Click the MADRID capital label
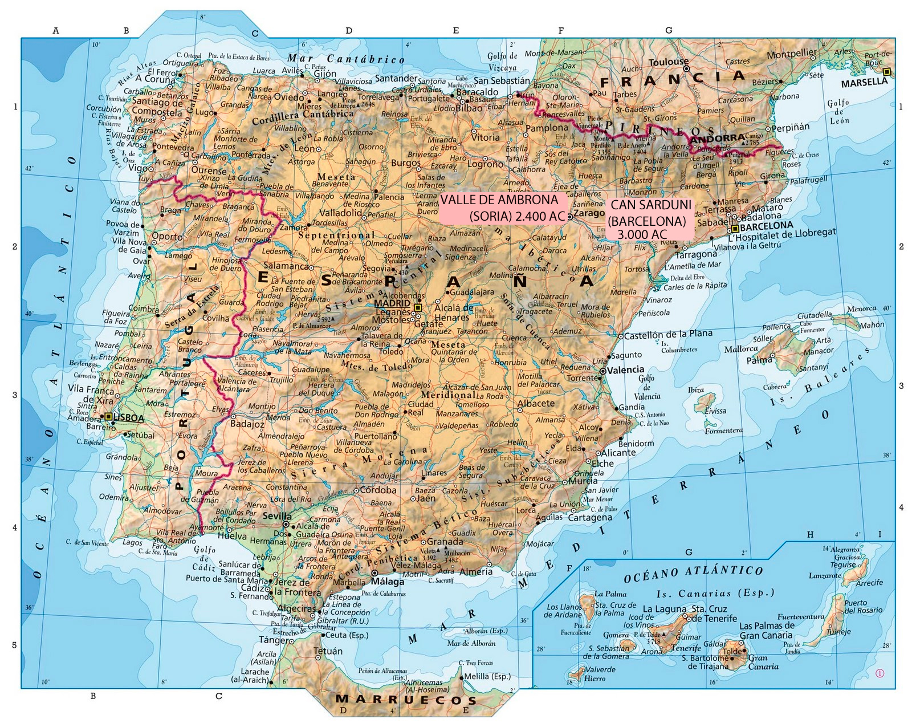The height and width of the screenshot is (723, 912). (392, 303)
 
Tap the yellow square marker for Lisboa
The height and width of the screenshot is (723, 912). (108, 417)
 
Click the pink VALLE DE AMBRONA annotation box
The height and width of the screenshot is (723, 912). (505, 208)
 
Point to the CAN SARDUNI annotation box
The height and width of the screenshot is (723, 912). (651, 219)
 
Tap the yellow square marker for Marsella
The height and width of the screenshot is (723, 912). (886, 72)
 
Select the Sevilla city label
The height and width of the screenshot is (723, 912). (277, 516)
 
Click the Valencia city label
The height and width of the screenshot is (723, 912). (625, 369)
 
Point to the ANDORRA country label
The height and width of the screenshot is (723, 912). (717, 138)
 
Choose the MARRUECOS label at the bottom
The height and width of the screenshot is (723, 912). (406, 700)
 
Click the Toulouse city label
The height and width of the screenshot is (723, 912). (669, 62)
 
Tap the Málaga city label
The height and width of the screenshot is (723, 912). (388, 582)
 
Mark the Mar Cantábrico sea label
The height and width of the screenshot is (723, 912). (346, 59)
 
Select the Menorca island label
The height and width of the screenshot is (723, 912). (861, 308)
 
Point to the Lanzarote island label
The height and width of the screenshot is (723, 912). (825, 575)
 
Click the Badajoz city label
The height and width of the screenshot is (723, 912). (247, 424)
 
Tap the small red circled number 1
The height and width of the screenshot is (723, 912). (880, 673)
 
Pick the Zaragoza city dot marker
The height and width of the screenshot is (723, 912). (569, 217)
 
